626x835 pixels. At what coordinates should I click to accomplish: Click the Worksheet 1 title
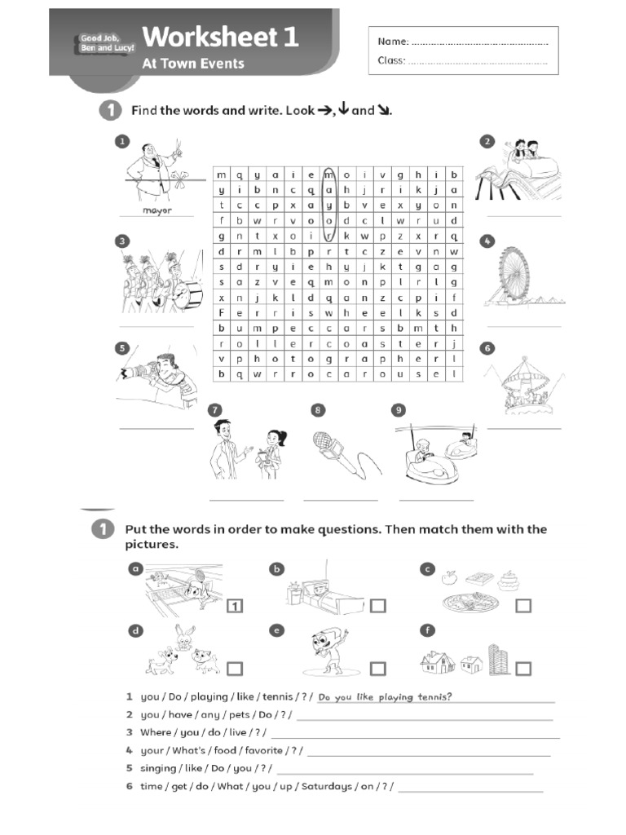coord(220,37)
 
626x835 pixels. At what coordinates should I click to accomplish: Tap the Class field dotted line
coord(476,61)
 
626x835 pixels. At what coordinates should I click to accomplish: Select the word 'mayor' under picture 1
coord(157,210)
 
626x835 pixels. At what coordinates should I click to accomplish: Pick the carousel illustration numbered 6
coord(524,383)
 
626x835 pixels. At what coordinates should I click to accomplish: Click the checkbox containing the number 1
coord(234,605)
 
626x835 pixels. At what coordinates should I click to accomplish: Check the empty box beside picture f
coord(523,669)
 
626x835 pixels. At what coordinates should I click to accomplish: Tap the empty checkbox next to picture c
coord(523,605)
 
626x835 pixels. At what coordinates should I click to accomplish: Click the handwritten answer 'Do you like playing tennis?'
coord(385,696)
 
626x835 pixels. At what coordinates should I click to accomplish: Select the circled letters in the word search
coord(329,204)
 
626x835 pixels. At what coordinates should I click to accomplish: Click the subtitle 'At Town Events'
coord(193,64)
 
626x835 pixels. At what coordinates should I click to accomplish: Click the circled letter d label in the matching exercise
coord(135,630)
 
